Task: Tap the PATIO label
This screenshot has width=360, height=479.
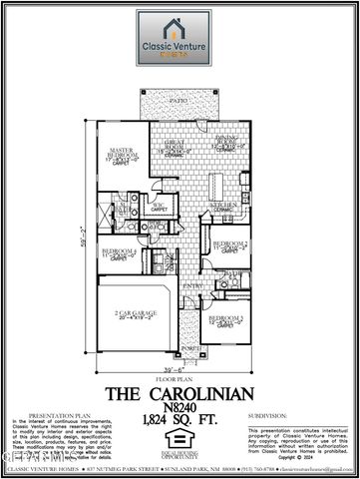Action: tap(180, 102)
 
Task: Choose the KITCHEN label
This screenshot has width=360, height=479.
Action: tap(223, 205)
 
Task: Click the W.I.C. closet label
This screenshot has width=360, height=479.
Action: tap(159, 207)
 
